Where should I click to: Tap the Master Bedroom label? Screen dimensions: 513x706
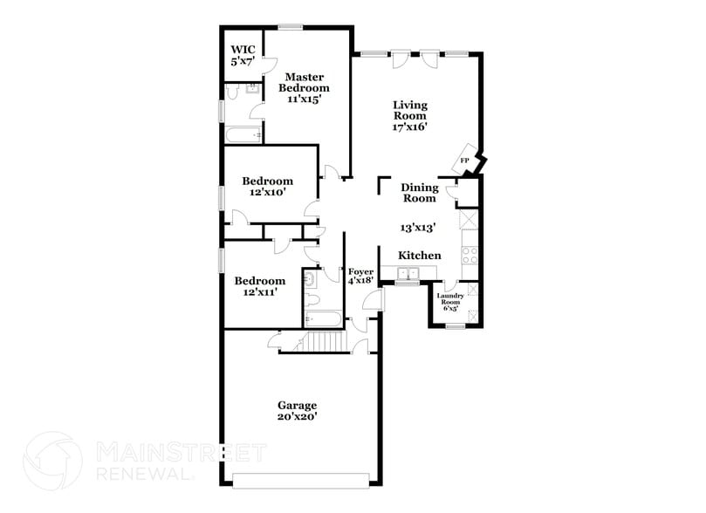click(304, 87)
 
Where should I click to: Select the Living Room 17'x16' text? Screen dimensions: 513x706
click(408, 115)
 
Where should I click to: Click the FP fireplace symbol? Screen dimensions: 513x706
click(465, 161)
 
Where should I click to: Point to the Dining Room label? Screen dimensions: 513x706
click(419, 193)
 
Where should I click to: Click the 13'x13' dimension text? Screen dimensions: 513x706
click(418, 227)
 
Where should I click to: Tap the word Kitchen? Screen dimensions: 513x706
click(420, 255)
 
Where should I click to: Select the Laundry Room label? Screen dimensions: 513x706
click(451, 301)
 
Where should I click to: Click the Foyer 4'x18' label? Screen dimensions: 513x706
click(360, 277)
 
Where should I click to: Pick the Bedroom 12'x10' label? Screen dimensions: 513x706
click(267, 187)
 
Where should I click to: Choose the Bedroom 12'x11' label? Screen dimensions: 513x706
click(259, 286)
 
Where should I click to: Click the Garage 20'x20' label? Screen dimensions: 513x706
click(297, 411)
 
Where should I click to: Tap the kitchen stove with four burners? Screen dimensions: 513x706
click(469, 255)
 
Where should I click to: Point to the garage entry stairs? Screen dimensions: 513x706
click(325, 343)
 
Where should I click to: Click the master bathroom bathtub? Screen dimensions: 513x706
click(243, 135)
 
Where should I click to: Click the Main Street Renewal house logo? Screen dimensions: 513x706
click(53, 460)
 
